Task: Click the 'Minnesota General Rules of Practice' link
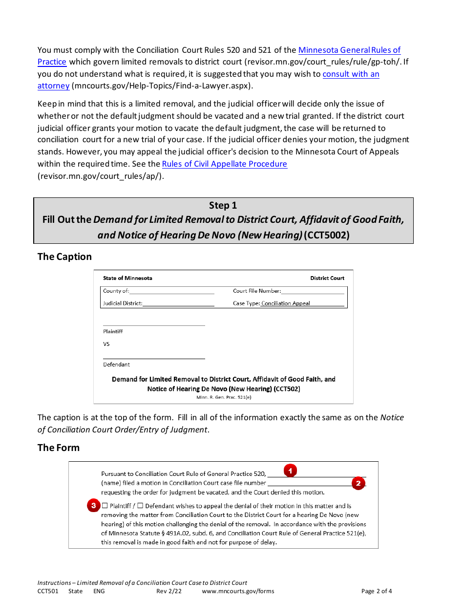tap(349, 50)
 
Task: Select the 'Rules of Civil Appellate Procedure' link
tap(224, 164)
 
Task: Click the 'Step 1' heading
tap(223, 205)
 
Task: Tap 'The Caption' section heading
tap(64, 257)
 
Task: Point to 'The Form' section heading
tap(58, 448)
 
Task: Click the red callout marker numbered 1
tap(291, 470)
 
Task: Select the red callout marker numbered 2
tap(358, 483)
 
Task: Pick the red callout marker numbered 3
tap(93, 505)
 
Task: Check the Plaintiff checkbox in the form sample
tap(105, 506)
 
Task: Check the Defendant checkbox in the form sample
tap(140, 506)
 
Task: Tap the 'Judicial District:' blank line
tap(178, 303)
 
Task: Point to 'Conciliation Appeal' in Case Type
tap(286, 303)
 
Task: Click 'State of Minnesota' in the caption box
tap(127, 278)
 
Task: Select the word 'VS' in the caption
tap(106, 344)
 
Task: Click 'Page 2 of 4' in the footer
tap(376, 591)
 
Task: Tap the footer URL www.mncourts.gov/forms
tap(238, 591)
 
